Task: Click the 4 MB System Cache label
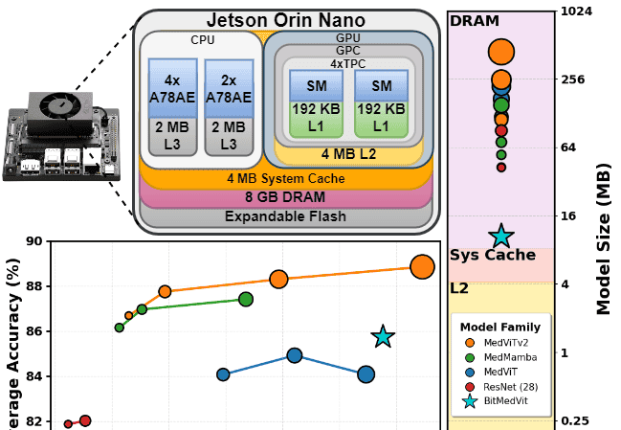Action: coord(285,178)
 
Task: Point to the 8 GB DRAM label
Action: coord(285,197)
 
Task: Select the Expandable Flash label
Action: coord(285,216)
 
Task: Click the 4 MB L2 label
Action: coord(347,153)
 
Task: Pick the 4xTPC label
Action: coord(347,63)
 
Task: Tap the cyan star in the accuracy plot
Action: coord(383,336)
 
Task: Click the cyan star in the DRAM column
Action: coord(500,237)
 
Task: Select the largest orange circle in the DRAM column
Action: coord(500,52)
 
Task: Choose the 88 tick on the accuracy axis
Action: coord(35,286)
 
